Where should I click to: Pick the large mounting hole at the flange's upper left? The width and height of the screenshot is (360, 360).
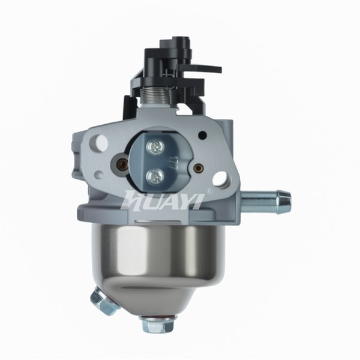100,140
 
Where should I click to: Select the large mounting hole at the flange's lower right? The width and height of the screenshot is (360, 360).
221,178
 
